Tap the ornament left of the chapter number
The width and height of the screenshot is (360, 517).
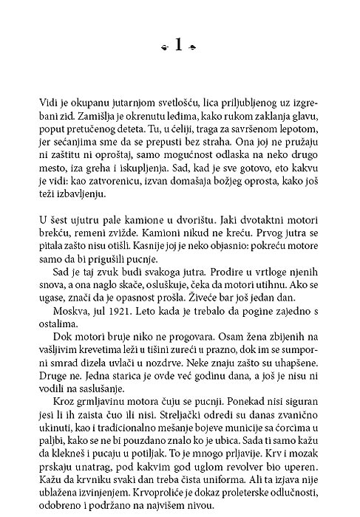(164, 49)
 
